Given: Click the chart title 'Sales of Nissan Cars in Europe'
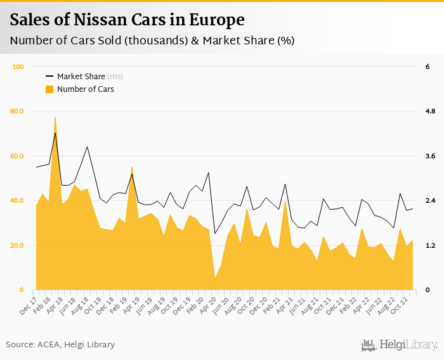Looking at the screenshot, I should pyautogui.click(x=127, y=20).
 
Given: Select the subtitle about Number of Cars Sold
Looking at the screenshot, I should pyautogui.click(x=152, y=41).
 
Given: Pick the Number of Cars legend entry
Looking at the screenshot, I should pyautogui.click(x=85, y=89).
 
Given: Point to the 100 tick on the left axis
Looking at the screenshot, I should pyautogui.click(x=18, y=67).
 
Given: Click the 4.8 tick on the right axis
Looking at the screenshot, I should pyautogui.click(x=430, y=112).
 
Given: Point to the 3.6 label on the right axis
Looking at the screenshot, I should pyautogui.click(x=430, y=156).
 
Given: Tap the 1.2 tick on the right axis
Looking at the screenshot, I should pyautogui.click(x=430, y=245).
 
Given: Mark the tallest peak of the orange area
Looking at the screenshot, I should pyautogui.click(x=55, y=117).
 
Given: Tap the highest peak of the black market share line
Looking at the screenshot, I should pyautogui.click(x=55, y=132).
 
